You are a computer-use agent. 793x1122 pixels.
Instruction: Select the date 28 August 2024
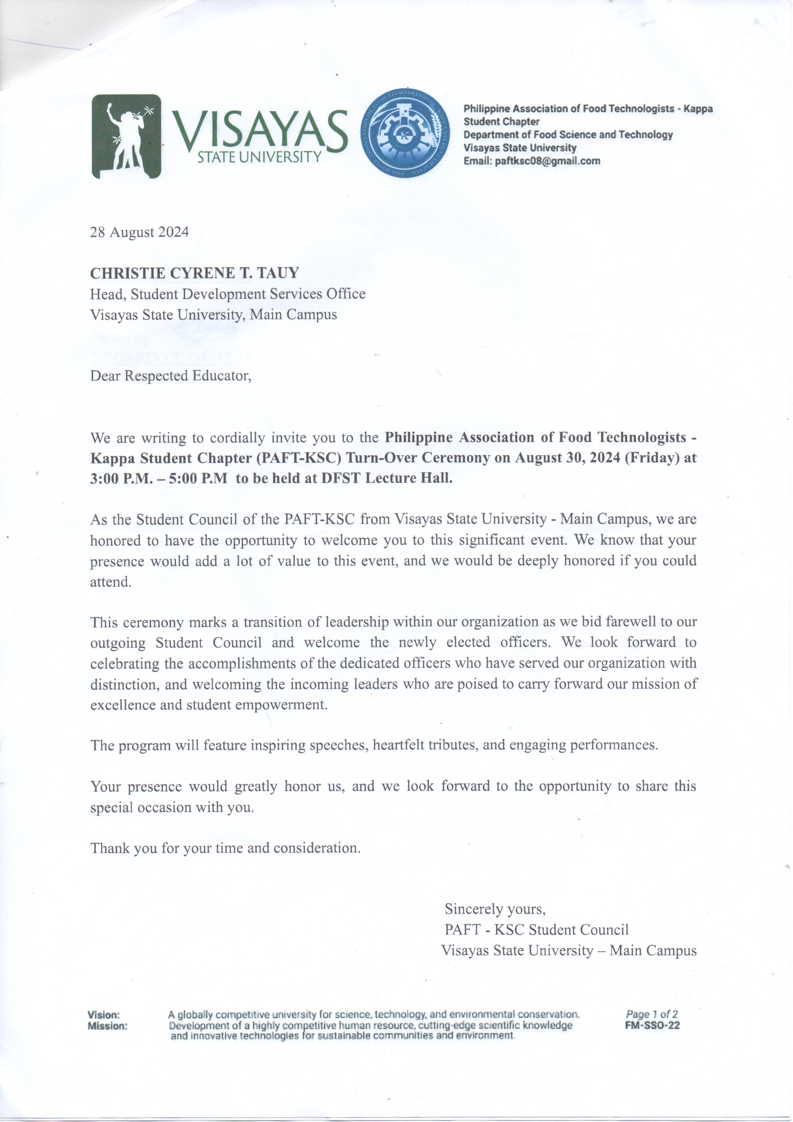coord(139,232)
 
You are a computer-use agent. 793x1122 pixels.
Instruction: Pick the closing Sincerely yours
coord(494,909)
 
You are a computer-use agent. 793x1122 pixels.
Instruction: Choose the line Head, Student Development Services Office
coord(228,294)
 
